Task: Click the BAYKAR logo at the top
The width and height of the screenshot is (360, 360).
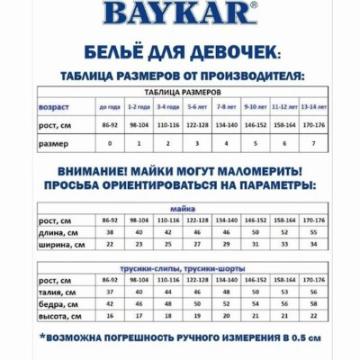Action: point(180,13)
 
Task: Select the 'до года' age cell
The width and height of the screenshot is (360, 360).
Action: point(110,107)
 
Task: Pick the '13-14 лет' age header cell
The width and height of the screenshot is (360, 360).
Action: point(315,107)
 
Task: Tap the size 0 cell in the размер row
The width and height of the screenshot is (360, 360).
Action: point(110,143)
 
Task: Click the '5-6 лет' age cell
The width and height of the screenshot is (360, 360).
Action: point(198,107)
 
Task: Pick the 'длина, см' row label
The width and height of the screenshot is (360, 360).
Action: point(56,232)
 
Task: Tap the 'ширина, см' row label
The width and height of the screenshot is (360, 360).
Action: point(58,244)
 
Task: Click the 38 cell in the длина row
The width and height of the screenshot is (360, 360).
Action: point(110,232)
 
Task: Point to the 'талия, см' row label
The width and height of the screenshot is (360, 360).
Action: point(55,292)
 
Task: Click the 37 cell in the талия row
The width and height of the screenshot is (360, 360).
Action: point(110,292)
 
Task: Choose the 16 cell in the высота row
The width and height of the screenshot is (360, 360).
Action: point(110,316)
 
